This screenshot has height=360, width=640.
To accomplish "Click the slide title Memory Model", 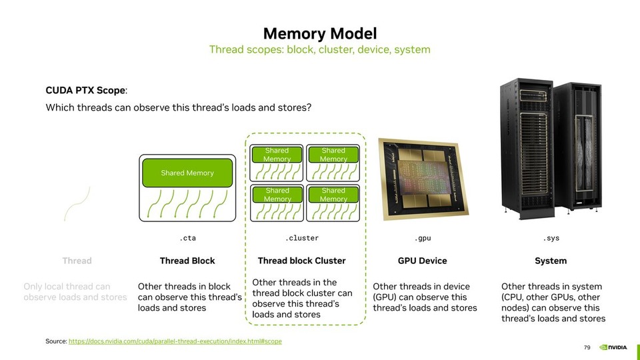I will coord(319,33).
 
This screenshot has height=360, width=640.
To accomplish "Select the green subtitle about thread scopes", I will coord(319,50).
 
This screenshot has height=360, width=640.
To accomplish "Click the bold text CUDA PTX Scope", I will coord(85,90).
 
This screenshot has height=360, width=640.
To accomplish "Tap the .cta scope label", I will coord(187,238).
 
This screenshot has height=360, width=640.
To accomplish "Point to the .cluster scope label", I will coord(302,238).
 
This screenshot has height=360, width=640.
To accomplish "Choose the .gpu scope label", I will coord(422,238).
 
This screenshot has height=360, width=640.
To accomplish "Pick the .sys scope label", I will coord(551,238).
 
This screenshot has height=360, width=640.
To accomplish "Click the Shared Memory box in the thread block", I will coord(187,173).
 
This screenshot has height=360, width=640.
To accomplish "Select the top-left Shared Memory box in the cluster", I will coord(277,155).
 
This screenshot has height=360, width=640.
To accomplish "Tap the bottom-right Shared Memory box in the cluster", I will coord(333,195).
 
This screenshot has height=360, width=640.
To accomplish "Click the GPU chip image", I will coord(419,179).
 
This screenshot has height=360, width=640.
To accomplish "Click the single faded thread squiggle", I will coord(77,203).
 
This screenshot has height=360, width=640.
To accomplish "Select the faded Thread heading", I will coord(77,261).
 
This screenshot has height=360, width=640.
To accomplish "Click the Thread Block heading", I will coord(187,261).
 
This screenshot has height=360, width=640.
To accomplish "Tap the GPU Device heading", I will coord(422,261).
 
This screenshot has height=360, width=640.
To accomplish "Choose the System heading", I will coord(551,261).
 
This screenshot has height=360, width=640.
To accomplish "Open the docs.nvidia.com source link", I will coord(175,341).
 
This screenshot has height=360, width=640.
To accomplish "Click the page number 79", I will coord(587,347).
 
